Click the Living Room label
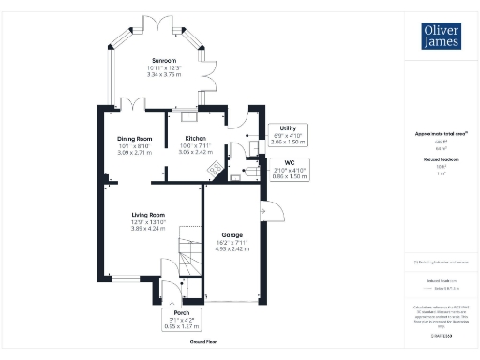(x=147, y=214)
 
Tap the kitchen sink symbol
(x=188, y=115)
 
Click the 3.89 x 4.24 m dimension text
(x=147, y=228)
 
